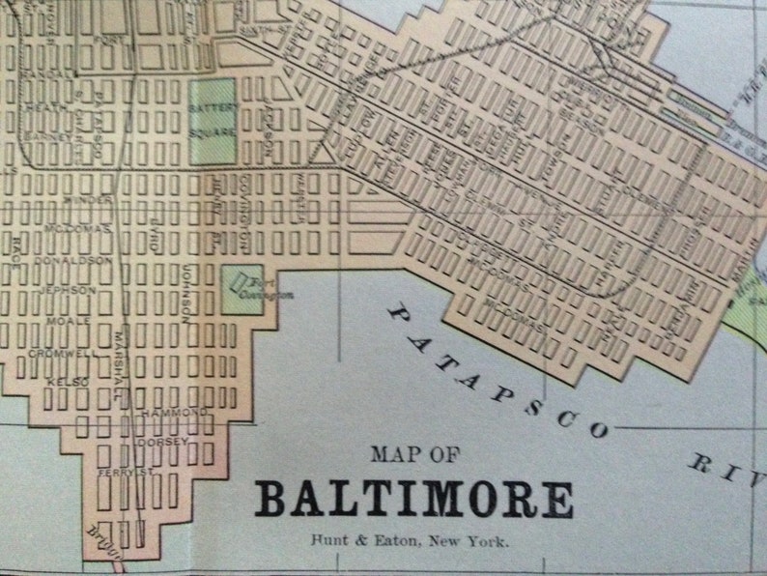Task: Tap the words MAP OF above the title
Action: pos(415,454)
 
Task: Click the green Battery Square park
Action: pos(213,120)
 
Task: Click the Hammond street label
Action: pos(174,413)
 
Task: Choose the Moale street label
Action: pos(75,320)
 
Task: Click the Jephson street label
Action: pos(68,289)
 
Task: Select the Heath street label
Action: pos(43,106)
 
